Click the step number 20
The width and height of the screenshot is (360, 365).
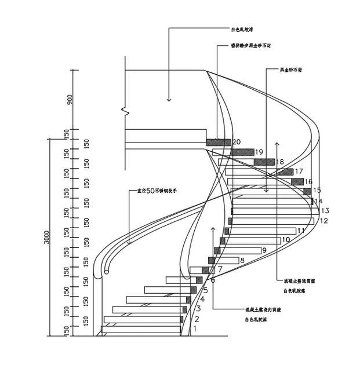236,142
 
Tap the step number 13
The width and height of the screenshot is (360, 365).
325,211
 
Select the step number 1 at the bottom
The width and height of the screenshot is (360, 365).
195,329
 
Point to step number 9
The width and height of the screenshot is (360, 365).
264,250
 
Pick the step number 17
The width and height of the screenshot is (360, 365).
299,171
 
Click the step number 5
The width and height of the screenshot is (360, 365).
205,290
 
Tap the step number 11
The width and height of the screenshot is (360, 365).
301,231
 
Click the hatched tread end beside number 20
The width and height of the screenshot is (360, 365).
219,142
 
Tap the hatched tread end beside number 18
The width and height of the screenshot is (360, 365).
264,162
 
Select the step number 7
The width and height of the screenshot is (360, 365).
220,269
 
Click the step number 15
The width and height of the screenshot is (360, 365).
317,190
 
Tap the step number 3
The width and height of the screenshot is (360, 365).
198,308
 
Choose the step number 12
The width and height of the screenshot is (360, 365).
323,221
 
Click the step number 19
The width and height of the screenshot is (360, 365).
259,152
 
